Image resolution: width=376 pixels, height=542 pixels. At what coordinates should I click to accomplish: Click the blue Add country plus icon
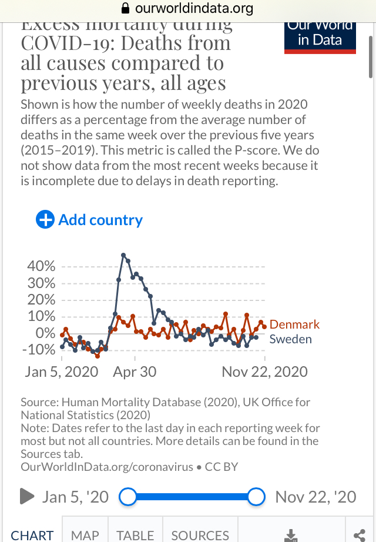pyautogui.click(x=45, y=220)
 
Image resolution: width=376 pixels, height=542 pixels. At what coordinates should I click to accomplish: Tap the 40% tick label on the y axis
pyautogui.click(x=42, y=266)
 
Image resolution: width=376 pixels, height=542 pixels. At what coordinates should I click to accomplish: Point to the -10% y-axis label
pyautogui.click(x=39, y=350)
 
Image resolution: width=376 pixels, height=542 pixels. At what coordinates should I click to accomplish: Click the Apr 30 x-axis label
pyautogui.click(x=135, y=372)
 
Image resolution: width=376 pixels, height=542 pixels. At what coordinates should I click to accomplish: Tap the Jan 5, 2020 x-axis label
pyautogui.click(x=62, y=372)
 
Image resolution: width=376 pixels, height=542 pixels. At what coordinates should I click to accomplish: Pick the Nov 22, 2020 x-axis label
pyautogui.click(x=264, y=372)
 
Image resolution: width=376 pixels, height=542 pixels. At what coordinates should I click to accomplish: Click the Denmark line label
pyautogui.click(x=294, y=324)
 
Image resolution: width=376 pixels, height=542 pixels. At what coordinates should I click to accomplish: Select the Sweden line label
pyautogui.click(x=290, y=339)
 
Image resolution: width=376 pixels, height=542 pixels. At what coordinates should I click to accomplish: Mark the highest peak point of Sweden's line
pyautogui.click(x=123, y=255)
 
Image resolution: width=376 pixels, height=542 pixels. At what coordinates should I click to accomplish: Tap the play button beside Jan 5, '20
pyautogui.click(x=27, y=497)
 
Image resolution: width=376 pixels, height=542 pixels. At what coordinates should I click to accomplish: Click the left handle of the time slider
pyautogui.click(x=127, y=497)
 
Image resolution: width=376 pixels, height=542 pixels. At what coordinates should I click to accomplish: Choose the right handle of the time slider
pyautogui.click(x=256, y=497)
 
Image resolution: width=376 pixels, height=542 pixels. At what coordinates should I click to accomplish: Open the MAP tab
pyautogui.click(x=85, y=535)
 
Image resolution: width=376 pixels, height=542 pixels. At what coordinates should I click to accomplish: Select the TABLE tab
pyautogui.click(x=135, y=535)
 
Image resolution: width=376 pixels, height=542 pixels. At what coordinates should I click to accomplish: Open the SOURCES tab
pyautogui.click(x=200, y=535)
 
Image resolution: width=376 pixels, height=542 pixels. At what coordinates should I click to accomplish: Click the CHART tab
pyautogui.click(x=32, y=535)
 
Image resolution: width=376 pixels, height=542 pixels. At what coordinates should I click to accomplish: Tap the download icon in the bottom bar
pyautogui.click(x=290, y=535)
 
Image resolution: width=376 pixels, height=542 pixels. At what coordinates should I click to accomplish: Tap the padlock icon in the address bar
pyautogui.click(x=125, y=8)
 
